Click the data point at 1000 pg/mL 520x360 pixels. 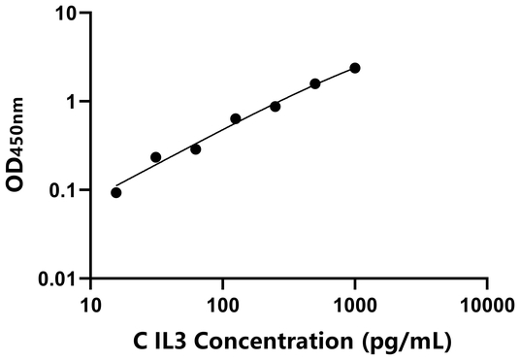coord(355,68)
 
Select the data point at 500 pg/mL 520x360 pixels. coord(315,84)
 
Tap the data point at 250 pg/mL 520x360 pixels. coord(276,106)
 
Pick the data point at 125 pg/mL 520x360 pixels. coord(236,118)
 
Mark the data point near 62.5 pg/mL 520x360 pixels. coord(196,149)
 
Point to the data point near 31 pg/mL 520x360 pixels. coord(156,157)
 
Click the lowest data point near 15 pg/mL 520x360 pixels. coord(116,192)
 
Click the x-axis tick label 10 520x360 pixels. coord(90,306)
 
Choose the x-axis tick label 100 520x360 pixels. coord(222,306)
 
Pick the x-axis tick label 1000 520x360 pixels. coord(355,306)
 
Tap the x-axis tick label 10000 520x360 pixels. coord(487,306)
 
